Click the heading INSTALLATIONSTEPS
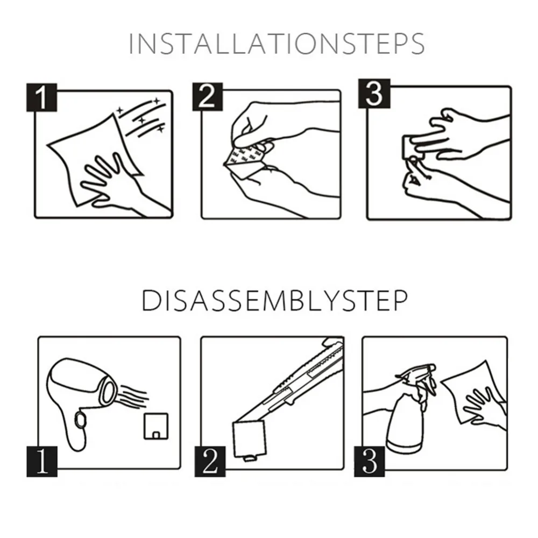pos(277,44)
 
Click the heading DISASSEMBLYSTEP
pos(274,301)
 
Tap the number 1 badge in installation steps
pos(41,97)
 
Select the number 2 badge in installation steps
pos(208,96)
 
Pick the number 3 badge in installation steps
pos(374,93)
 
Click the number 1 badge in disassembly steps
pos(42,462)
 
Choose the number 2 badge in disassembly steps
pos(210,462)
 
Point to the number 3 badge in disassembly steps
pos(369,462)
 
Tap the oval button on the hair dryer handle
pos(81,419)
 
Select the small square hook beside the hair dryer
pos(156,426)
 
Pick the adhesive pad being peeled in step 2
pos(244,159)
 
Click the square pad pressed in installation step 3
pos(413,147)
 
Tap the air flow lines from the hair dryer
pos(132,398)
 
